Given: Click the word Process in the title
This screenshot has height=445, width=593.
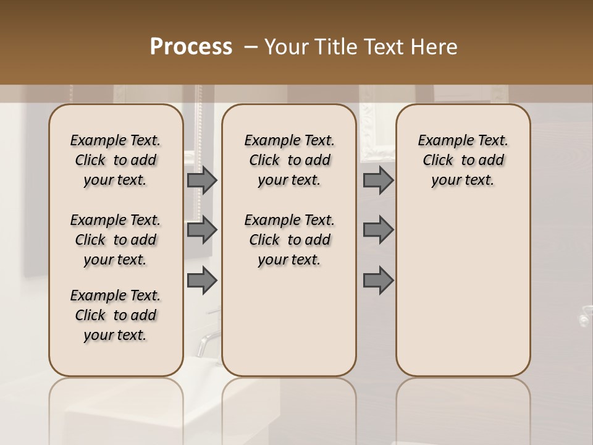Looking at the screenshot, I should coord(191,47).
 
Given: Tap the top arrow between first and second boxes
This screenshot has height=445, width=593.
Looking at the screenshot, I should coord(202,180).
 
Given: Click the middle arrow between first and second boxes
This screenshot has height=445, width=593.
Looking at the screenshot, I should coord(202,230).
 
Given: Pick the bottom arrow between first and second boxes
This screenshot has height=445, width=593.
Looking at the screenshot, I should coord(202,280).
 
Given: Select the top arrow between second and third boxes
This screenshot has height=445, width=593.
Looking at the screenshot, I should coord(378,180).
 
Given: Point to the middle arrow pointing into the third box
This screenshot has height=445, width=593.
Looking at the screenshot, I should coord(378,230).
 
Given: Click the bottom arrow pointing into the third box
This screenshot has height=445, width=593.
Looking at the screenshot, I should coord(378,280).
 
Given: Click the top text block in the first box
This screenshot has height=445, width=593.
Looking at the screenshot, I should coord(116,160).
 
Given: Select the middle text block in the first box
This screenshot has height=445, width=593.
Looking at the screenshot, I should coord(116,240).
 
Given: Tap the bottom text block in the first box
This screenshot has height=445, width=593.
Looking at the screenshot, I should coord(116,315).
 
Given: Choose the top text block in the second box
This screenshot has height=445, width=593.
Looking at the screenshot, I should coord(289,160).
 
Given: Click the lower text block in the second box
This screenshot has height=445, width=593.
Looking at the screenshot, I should coord(289,240).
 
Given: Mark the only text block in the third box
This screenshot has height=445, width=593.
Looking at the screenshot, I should coord(463,160).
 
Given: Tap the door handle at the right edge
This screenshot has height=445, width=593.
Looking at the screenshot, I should coord(584,318).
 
